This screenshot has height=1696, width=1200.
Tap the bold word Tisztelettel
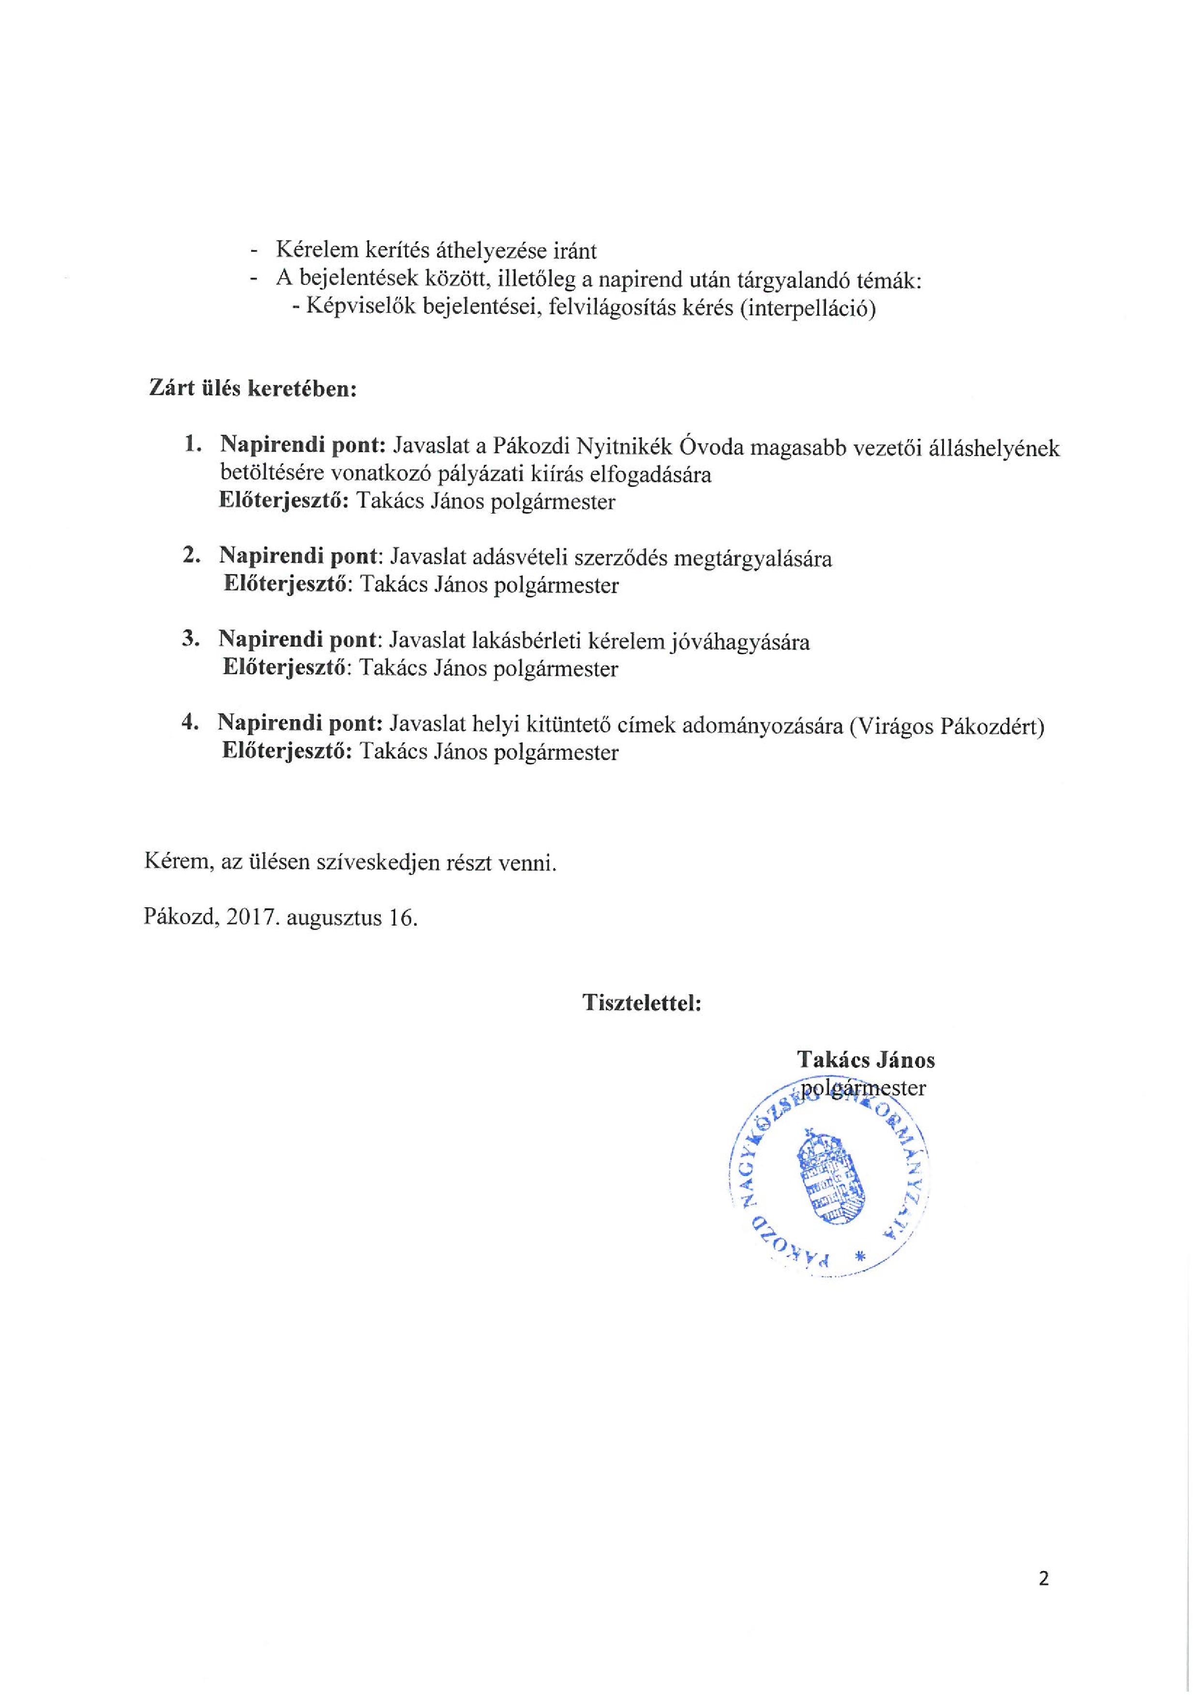642,1003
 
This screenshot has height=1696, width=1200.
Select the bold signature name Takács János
865,1060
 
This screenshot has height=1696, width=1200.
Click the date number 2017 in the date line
251,917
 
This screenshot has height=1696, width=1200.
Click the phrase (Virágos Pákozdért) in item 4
946,726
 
